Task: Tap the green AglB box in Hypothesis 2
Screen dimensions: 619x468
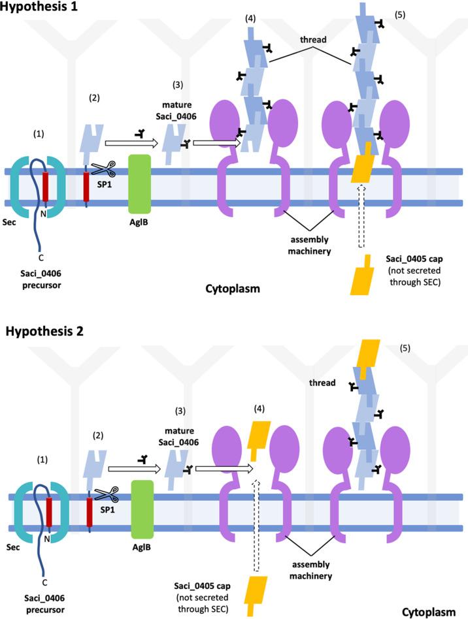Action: pos(142,509)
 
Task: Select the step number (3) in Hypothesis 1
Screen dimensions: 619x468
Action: pos(178,85)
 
